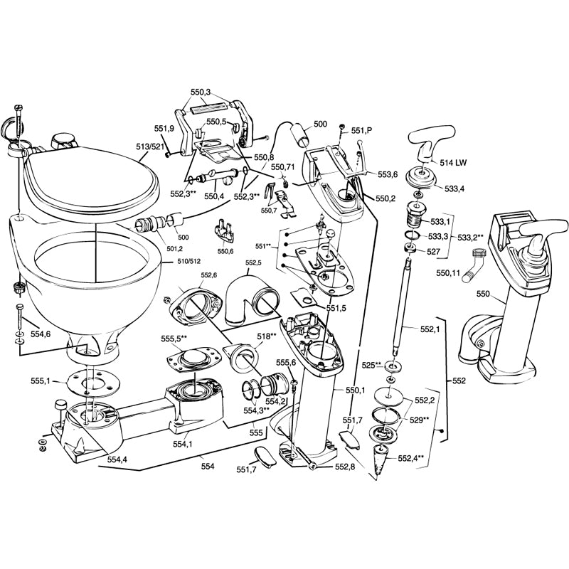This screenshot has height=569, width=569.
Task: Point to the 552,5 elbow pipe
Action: click(249, 296)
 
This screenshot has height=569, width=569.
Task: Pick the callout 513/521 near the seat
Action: click(151, 147)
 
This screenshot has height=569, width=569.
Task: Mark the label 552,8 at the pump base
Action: click(345, 467)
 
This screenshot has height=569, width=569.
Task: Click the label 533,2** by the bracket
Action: click(470, 237)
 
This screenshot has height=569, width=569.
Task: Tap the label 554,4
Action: click(117, 460)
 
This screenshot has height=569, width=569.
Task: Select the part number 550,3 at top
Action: click(201, 92)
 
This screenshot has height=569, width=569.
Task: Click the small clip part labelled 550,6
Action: click(225, 234)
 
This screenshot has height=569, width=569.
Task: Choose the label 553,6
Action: click(388, 174)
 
